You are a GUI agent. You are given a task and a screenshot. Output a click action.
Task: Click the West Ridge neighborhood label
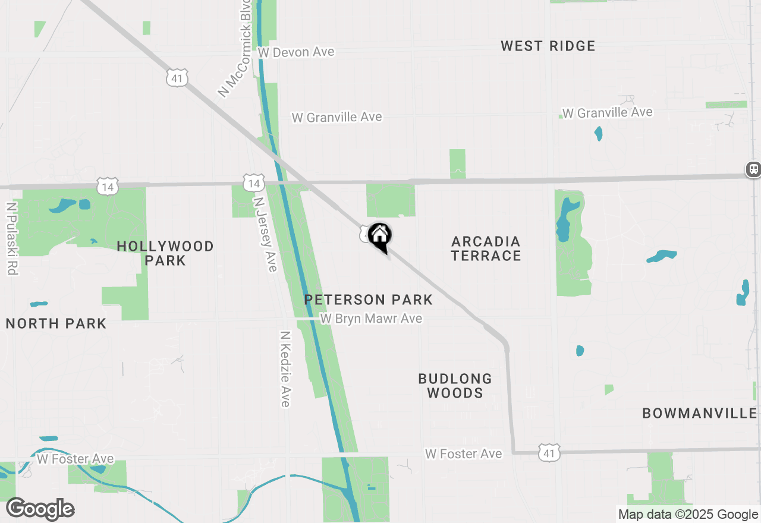(548, 46)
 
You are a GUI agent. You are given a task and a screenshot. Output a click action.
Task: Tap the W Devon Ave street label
(296, 52)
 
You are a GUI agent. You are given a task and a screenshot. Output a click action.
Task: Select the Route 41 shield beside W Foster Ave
(549, 453)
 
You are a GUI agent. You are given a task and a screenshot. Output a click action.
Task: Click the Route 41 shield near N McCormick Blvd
(178, 77)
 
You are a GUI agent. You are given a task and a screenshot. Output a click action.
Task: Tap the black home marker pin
(379, 236)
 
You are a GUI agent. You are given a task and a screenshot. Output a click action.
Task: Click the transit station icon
(753, 169)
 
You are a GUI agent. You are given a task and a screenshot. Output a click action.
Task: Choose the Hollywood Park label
(165, 253)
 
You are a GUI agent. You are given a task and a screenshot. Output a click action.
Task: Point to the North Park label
(56, 324)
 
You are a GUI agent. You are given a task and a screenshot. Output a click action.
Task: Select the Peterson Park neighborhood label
(369, 300)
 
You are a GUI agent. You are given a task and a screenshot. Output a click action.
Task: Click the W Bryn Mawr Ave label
(371, 319)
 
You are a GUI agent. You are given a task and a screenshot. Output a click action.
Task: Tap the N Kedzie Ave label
(285, 369)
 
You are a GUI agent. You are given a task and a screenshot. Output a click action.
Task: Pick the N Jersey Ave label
(265, 234)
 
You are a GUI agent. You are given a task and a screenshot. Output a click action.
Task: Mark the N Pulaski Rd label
(11, 238)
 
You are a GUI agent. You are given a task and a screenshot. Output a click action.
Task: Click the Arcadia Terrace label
(486, 248)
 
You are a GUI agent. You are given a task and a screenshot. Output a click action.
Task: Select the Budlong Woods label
(455, 386)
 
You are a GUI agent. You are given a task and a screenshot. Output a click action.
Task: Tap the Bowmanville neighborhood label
(700, 414)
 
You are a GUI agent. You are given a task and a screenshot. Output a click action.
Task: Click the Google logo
(40, 509)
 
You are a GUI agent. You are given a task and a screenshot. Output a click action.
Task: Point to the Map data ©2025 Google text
(688, 515)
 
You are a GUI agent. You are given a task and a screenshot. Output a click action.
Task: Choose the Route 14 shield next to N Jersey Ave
(254, 182)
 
